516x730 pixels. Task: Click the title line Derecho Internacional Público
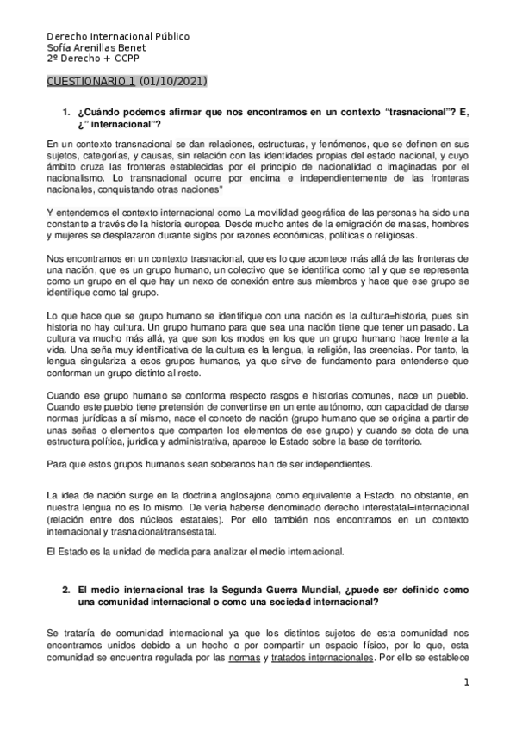tap(118, 37)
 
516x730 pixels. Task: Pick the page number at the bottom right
tap(466, 684)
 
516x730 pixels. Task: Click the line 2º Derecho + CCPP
tap(92, 59)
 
